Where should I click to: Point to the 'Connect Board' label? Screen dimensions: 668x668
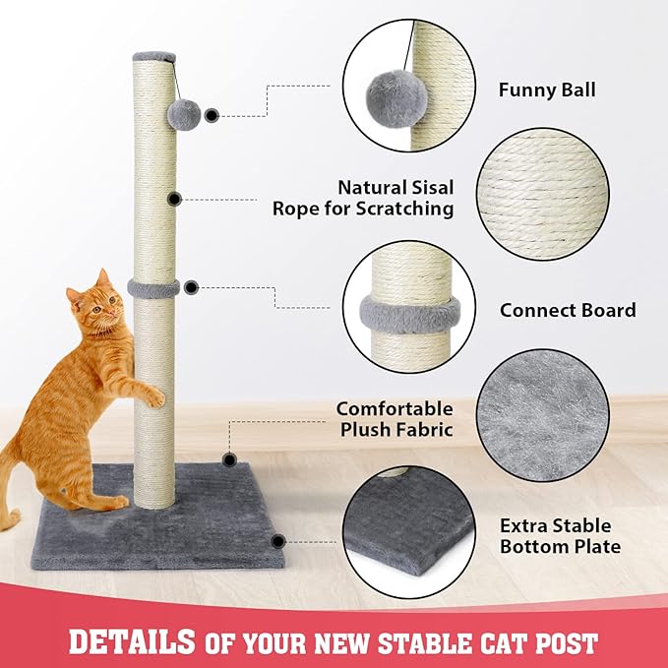click(568, 310)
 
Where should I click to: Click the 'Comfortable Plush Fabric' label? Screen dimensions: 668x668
click(395, 418)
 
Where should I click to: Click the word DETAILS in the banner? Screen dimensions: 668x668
click(131, 642)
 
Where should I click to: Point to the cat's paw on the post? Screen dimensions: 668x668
click(153, 397)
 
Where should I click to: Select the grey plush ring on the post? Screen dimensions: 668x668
click(153, 288)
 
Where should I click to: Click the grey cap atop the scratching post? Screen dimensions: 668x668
click(154, 57)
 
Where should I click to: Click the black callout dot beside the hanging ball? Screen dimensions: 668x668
click(212, 115)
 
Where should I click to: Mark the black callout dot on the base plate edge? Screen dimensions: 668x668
click(278, 540)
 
